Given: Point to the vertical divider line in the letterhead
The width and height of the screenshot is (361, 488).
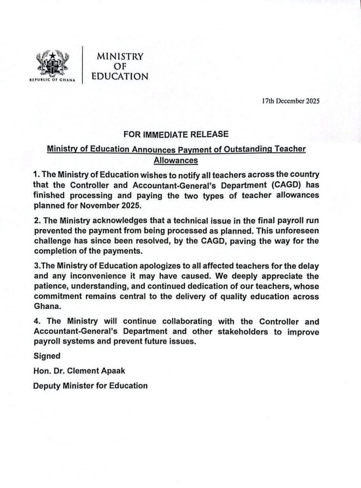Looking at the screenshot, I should [83, 65].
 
